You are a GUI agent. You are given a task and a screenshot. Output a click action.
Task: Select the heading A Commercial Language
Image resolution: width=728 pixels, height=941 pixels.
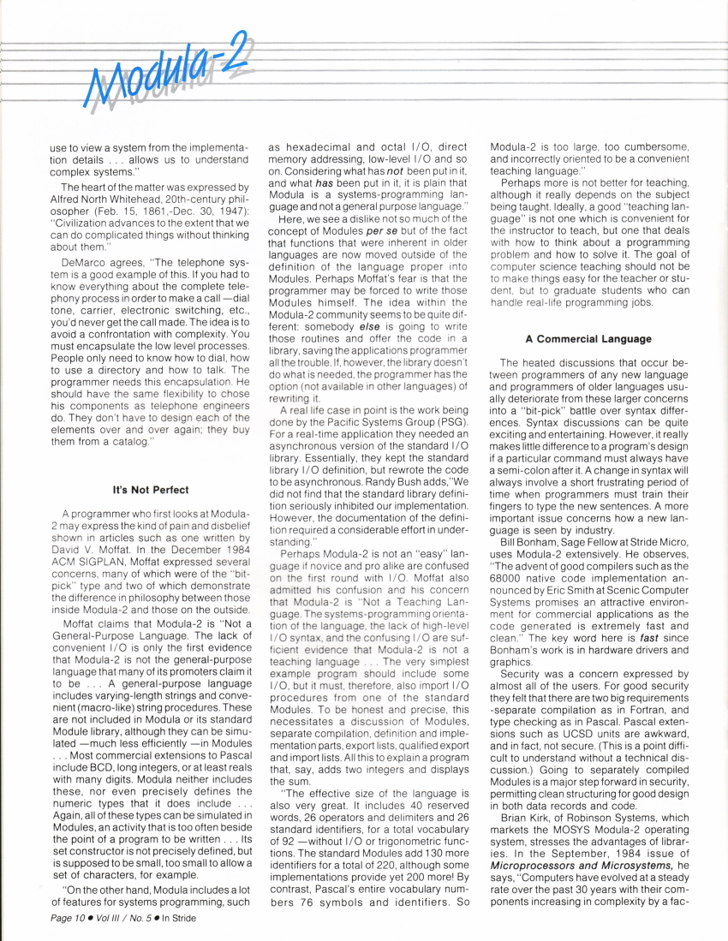point(582,339)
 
